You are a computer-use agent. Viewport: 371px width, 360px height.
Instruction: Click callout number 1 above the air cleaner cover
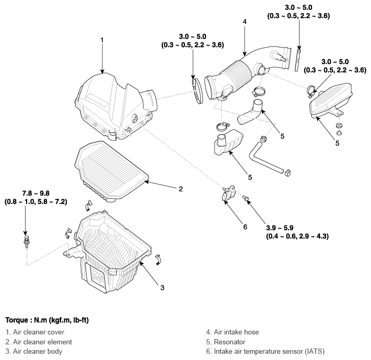(x=102, y=40)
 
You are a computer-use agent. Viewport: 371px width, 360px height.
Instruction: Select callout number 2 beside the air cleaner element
(x=181, y=189)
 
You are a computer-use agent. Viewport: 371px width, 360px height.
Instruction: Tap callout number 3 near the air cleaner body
(x=162, y=287)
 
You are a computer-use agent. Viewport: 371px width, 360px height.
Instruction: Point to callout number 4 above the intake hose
(x=245, y=21)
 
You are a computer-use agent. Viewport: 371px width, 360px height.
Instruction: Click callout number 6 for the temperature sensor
(x=245, y=227)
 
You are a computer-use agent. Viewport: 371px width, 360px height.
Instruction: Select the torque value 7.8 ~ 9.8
(x=36, y=193)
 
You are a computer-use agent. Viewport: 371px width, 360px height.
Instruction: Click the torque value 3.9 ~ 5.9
(x=280, y=228)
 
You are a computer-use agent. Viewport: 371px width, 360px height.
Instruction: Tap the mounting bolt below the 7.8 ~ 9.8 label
(x=26, y=241)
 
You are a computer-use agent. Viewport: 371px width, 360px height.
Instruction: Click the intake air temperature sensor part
(x=229, y=193)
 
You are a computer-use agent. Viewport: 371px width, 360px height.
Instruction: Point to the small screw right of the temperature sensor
(x=246, y=198)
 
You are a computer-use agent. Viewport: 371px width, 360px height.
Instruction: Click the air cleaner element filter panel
(x=112, y=171)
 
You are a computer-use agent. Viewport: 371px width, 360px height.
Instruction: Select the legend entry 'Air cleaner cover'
(x=35, y=332)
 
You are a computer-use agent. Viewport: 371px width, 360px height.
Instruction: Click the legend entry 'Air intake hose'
(x=232, y=332)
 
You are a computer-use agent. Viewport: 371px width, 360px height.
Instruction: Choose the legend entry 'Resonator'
(x=226, y=342)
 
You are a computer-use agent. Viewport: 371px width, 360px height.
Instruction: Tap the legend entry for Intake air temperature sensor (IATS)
(x=265, y=352)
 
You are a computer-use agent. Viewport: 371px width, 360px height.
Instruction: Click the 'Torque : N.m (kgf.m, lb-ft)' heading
(x=47, y=320)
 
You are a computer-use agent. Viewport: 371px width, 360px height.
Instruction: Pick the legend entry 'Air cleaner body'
(x=34, y=352)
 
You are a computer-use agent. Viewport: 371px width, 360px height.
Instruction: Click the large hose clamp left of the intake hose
(x=197, y=91)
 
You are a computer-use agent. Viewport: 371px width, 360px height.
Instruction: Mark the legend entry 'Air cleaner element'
(x=39, y=342)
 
